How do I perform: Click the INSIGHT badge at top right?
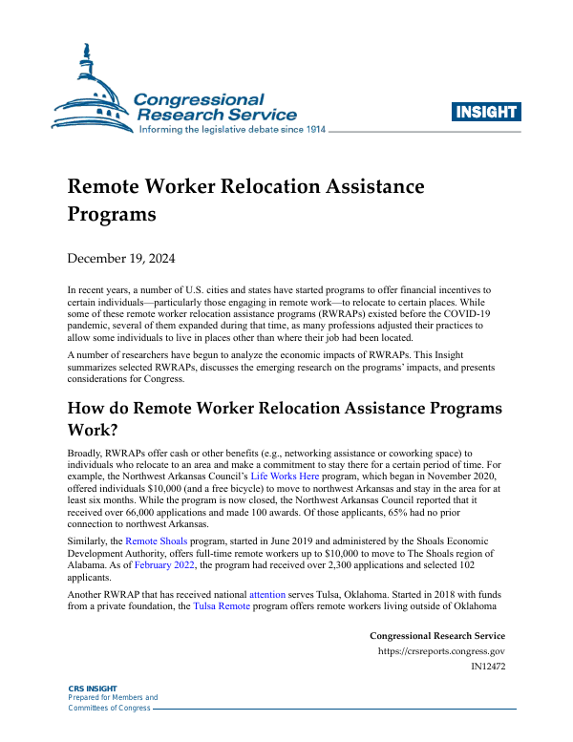click(x=487, y=113)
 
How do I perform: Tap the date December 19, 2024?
click(x=120, y=259)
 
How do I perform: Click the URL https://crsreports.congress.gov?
click(x=442, y=651)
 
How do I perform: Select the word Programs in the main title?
click(x=111, y=213)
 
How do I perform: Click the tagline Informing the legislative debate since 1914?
click(x=233, y=130)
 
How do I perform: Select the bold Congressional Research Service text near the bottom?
click(x=436, y=636)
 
